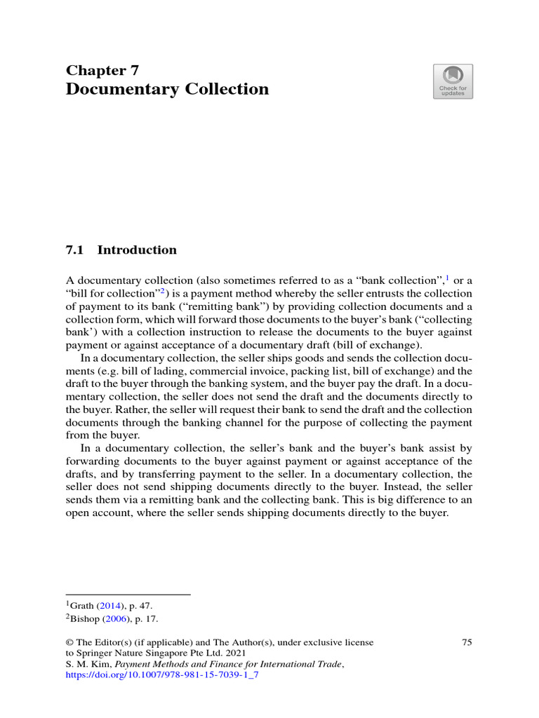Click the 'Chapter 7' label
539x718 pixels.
click(x=102, y=70)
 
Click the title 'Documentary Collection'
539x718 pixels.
click(x=167, y=90)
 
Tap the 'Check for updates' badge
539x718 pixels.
click(x=453, y=82)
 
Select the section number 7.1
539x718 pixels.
click(x=74, y=250)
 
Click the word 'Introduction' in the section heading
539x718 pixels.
click(x=137, y=250)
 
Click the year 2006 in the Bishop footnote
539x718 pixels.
click(x=115, y=619)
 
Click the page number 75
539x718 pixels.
click(x=467, y=642)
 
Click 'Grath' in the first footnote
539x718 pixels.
click(x=83, y=604)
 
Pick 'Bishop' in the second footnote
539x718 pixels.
click(x=86, y=619)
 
